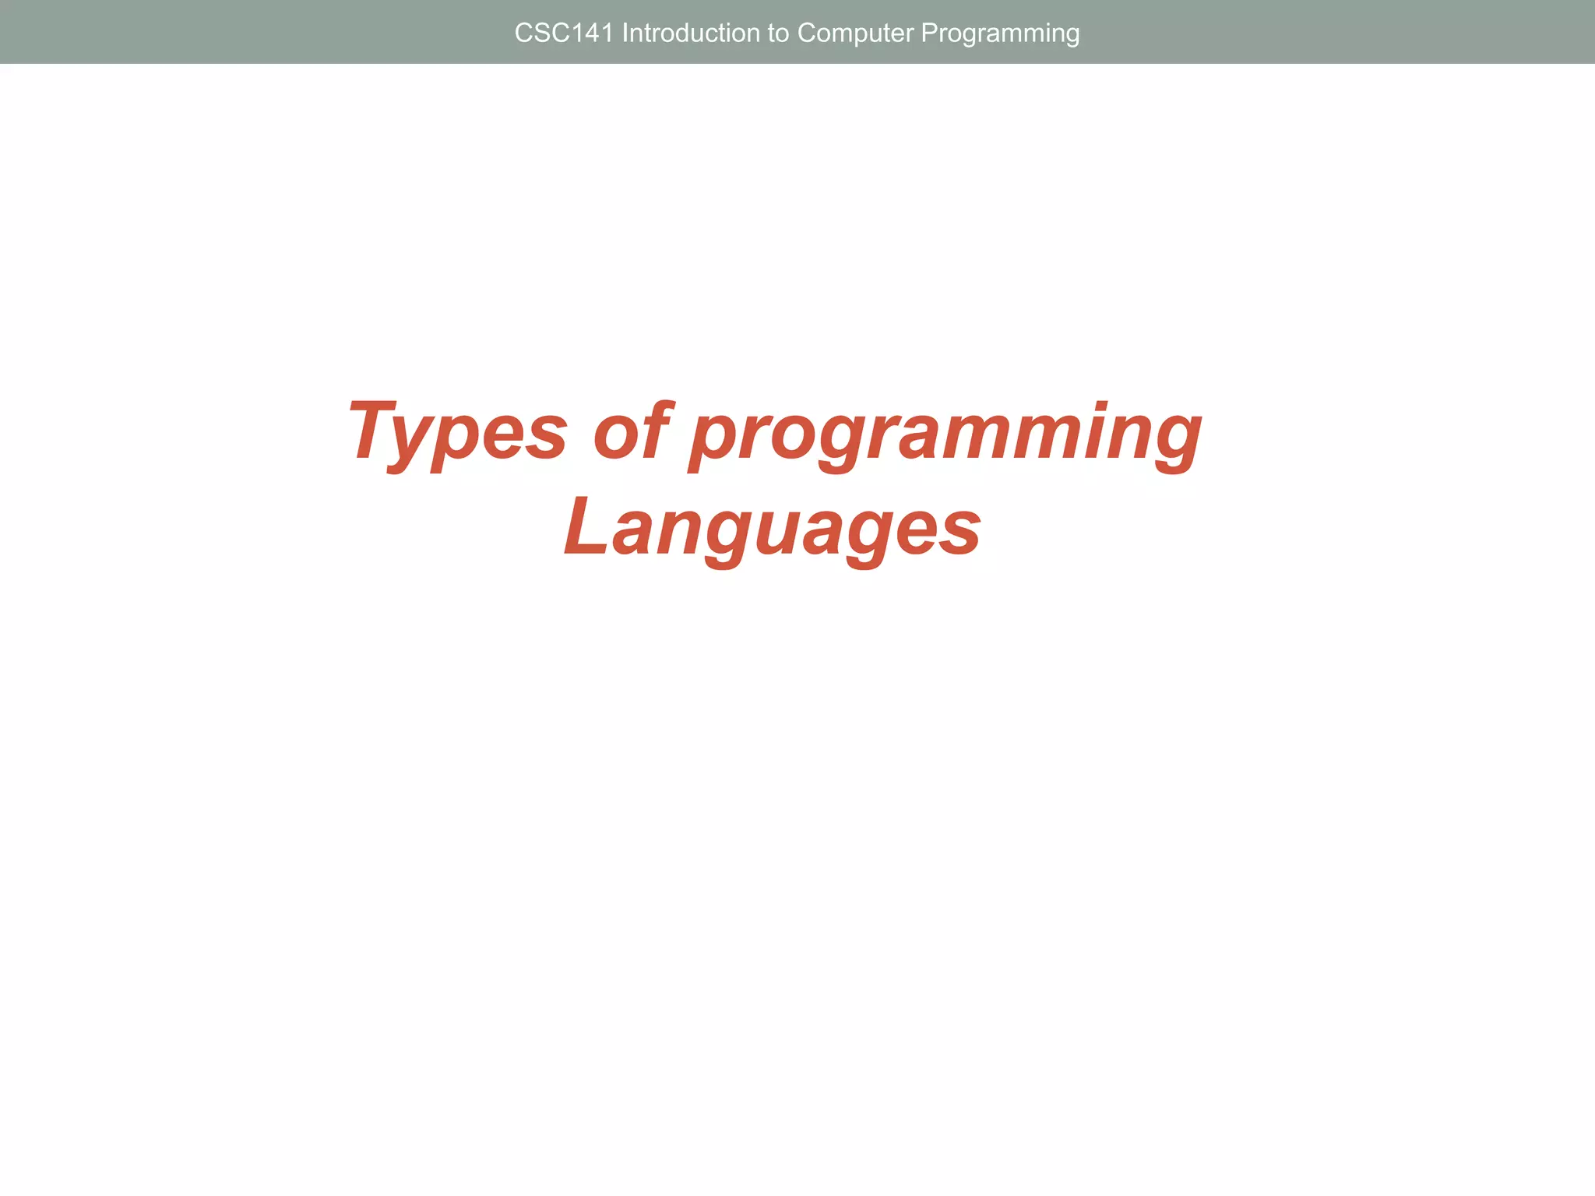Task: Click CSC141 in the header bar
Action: click(x=564, y=33)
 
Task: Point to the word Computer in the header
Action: click(x=855, y=33)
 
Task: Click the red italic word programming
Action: click(x=945, y=436)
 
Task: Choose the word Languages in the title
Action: click(x=772, y=530)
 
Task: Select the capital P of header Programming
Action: click(x=928, y=33)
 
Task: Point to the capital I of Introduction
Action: click(x=625, y=33)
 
